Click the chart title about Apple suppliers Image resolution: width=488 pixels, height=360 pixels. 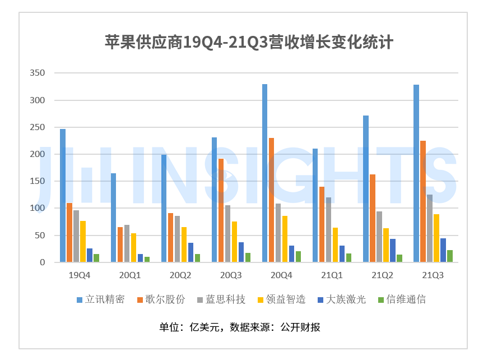point(249,43)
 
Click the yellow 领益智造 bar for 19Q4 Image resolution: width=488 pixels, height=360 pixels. point(83,242)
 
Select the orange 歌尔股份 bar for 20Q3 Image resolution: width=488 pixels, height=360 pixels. point(221,210)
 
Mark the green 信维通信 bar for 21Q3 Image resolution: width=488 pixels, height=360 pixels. point(450,256)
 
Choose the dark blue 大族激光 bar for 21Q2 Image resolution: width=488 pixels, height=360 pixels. point(393,251)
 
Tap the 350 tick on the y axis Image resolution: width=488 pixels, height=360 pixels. point(38,73)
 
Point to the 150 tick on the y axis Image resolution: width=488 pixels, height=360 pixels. point(38,181)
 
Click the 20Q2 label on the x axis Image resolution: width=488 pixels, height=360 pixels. point(180,275)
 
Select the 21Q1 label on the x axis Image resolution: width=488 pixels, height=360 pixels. point(332,275)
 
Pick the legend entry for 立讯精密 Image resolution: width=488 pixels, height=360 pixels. point(101,299)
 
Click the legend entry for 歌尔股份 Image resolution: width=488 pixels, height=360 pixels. point(161,299)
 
